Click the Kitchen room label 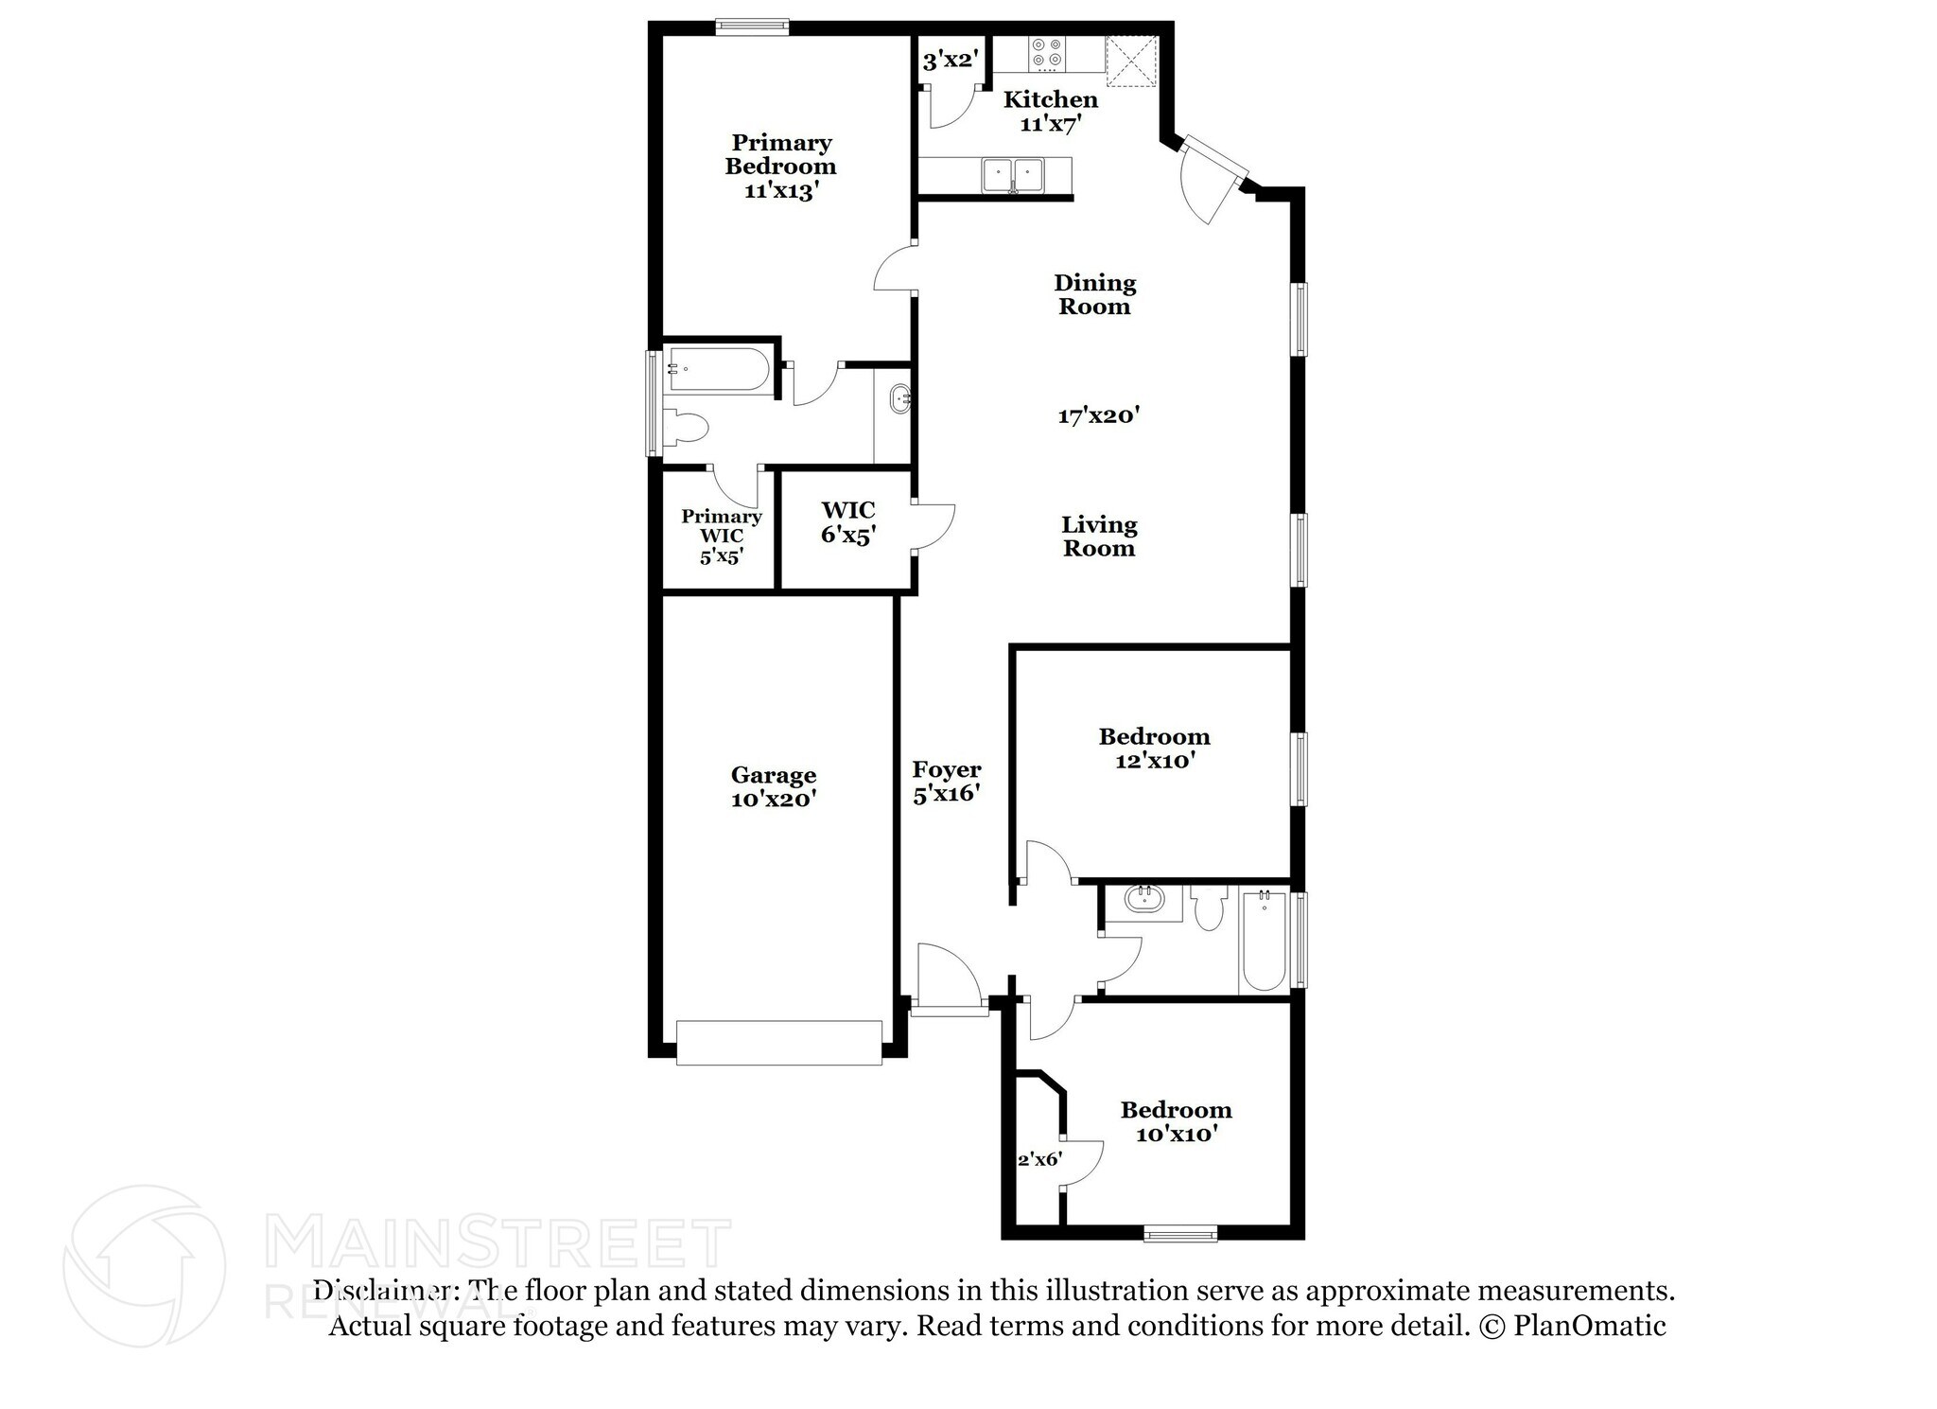pos(1050,99)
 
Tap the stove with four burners pos(1046,54)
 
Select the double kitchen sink pos(1013,175)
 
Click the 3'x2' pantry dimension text pos(949,62)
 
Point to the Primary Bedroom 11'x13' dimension pos(780,190)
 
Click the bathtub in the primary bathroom pos(719,370)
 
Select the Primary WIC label pos(721,526)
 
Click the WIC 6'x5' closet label pos(847,522)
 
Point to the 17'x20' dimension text pos(1098,415)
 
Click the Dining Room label pos(1094,294)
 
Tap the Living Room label pos(1098,537)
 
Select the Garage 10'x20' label pos(773,786)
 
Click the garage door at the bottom pos(779,1042)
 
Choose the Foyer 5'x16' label pos(946,781)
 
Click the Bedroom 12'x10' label pos(1153,748)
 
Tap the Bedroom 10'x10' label pos(1176,1121)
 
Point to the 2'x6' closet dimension pos(1038,1159)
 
